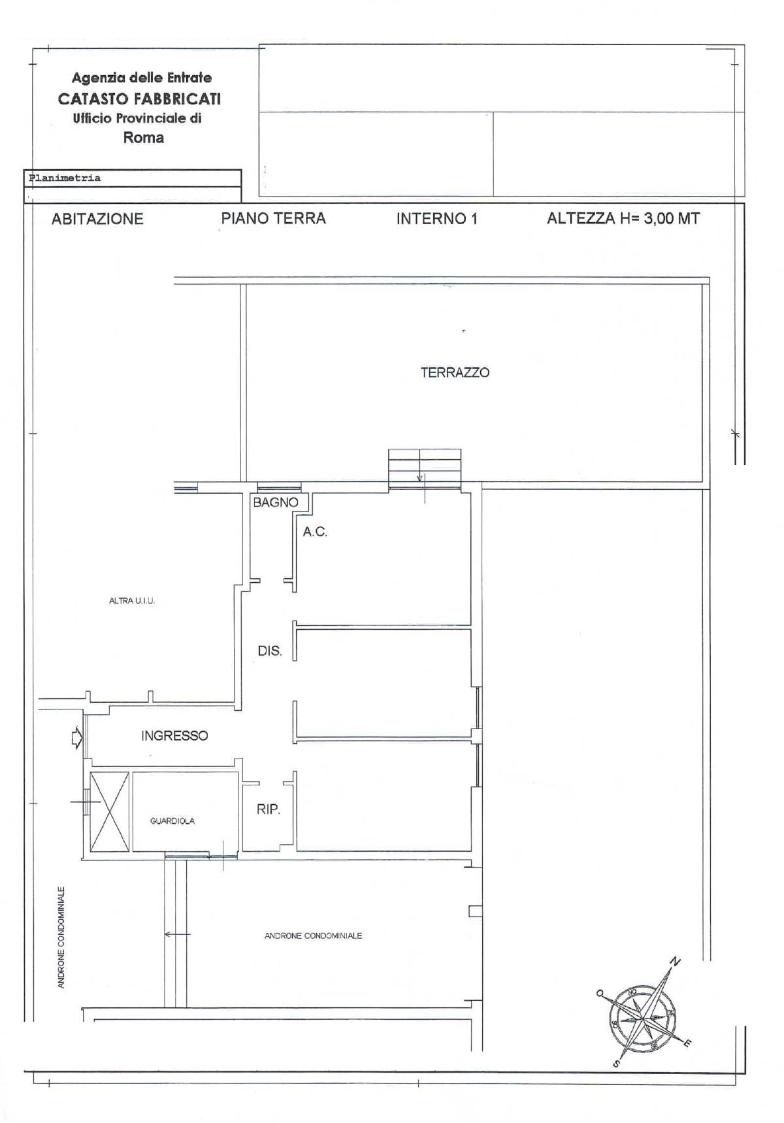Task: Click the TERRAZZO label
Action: click(455, 373)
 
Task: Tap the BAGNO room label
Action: click(275, 502)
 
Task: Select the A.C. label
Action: click(315, 532)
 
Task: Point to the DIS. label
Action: click(269, 651)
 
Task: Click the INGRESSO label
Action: click(174, 736)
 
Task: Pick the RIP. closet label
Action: click(268, 809)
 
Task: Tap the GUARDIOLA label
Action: click(172, 821)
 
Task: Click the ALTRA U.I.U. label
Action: click(132, 601)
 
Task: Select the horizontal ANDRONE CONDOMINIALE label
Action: click(313, 936)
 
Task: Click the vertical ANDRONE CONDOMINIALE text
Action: click(61, 937)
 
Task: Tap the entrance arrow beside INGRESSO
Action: click(76, 738)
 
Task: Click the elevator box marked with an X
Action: click(109, 811)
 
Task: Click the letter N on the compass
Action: click(676, 962)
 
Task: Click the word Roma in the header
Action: click(143, 138)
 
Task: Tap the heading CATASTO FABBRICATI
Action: click(139, 99)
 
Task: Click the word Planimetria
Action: click(65, 178)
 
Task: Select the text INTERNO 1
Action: click(436, 219)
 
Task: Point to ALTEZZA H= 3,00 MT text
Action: click(623, 219)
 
